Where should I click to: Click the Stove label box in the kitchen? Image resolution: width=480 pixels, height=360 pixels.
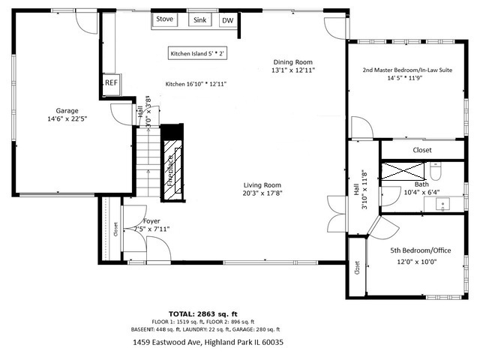(x=164, y=20)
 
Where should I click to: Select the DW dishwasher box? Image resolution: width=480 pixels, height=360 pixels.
(x=226, y=21)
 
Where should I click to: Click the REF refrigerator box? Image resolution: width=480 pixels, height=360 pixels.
(x=111, y=83)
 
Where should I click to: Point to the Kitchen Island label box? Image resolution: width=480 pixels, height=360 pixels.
(x=197, y=54)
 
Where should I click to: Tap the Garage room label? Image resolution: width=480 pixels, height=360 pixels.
(x=67, y=110)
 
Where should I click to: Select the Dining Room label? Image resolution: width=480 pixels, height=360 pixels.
(x=292, y=62)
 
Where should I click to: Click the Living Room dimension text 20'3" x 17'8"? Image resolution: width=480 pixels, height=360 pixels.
(x=262, y=193)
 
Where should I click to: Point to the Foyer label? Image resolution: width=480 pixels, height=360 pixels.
(x=151, y=221)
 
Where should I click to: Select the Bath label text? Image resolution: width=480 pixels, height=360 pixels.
(x=421, y=184)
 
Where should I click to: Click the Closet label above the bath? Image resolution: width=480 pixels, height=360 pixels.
(x=422, y=150)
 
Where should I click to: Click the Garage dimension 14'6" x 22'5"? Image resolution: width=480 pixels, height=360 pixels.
(x=67, y=118)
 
